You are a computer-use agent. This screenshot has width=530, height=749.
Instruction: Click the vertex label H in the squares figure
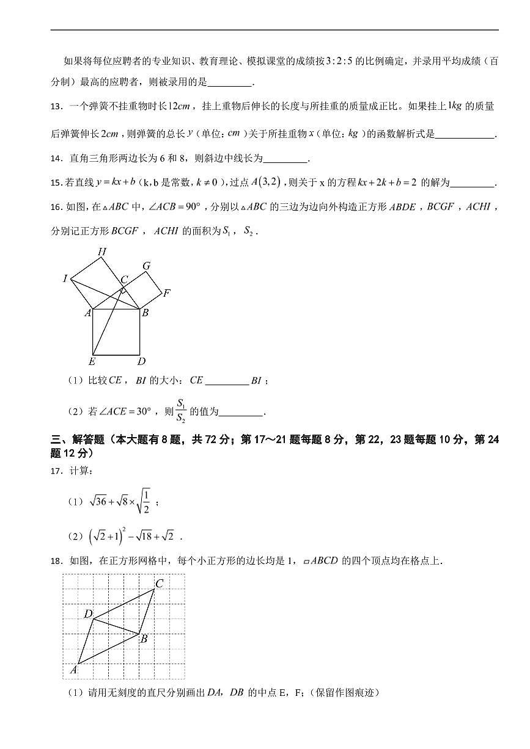(102, 251)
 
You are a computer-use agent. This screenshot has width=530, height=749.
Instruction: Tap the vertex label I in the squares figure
(65, 279)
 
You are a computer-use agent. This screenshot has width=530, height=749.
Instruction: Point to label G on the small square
(147, 266)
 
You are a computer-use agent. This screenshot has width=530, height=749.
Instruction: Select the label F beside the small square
(166, 293)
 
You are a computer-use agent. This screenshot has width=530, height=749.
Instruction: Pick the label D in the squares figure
(141, 361)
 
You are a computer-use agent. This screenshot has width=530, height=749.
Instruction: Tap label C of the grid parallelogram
(159, 584)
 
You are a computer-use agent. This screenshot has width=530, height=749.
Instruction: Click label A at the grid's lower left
(73, 670)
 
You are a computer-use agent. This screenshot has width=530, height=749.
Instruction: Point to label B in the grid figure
(144, 639)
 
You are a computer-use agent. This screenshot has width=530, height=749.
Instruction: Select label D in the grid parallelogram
(88, 613)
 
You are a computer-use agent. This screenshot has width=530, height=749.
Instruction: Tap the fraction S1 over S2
(181, 411)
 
